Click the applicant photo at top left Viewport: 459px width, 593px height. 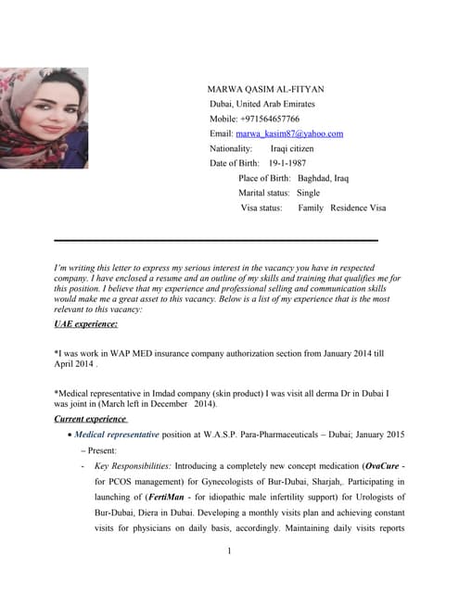(x=45, y=118)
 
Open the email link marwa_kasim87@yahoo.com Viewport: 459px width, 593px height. (x=289, y=134)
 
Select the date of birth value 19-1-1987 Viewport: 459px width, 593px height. (x=287, y=163)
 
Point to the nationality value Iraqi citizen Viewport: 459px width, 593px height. (x=292, y=148)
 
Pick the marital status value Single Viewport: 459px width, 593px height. (x=308, y=193)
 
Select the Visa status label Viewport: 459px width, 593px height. (x=261, y=208)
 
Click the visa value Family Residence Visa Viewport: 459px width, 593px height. (x=341, y=208)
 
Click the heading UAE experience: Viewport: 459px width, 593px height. (x=86, y=324)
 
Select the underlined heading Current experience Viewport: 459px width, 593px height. (x=91, y=419)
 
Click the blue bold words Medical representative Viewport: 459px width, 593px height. (x=117, y=434)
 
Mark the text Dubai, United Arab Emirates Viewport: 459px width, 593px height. (x=270, y=105)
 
